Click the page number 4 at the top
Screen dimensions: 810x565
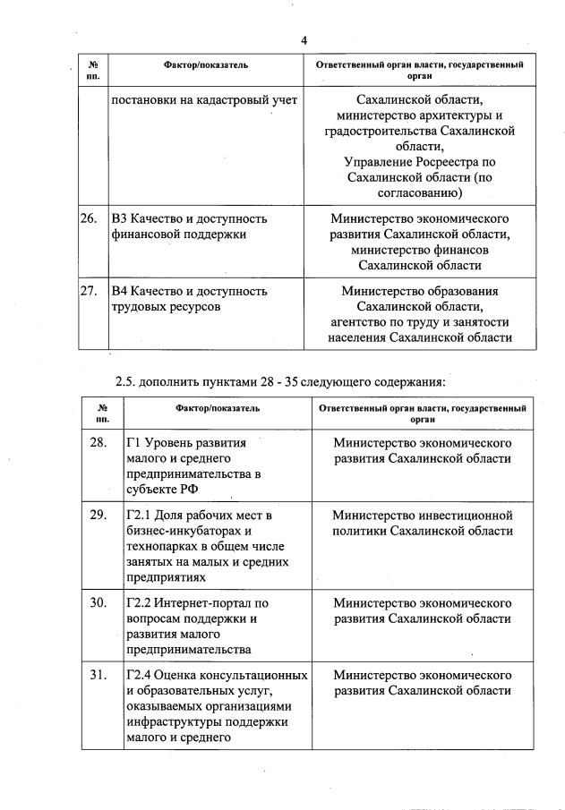tap(304, 40)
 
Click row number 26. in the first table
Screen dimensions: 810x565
tap(89, 218)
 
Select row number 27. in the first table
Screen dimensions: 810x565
tap(89, 291)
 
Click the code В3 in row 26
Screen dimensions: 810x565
tap(120, 218)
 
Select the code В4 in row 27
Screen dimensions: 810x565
tap(120, 291)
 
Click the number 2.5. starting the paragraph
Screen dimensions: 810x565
tap(128, 383)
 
